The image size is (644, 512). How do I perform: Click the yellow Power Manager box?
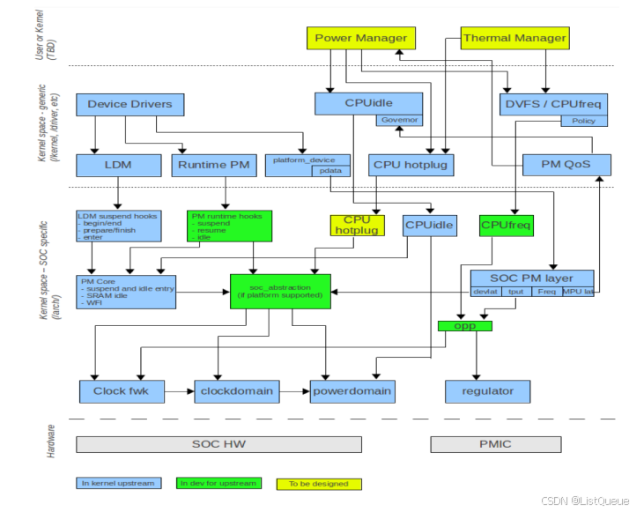[361, 38]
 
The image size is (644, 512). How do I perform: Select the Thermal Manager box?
[514, 38]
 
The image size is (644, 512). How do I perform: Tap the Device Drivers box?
[130, 104]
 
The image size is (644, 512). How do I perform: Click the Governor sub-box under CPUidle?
[399, 120]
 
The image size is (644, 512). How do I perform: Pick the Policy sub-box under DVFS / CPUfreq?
[583, 121]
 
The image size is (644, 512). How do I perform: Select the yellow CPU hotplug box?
[358, 226]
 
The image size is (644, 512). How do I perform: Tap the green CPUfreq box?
[506, 226]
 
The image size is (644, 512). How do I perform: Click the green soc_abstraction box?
[280, 292]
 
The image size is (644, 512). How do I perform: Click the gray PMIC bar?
[495, 443]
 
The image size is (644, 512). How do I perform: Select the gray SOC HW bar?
[218, 443]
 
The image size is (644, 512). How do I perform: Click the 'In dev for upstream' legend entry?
[218, 484]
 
